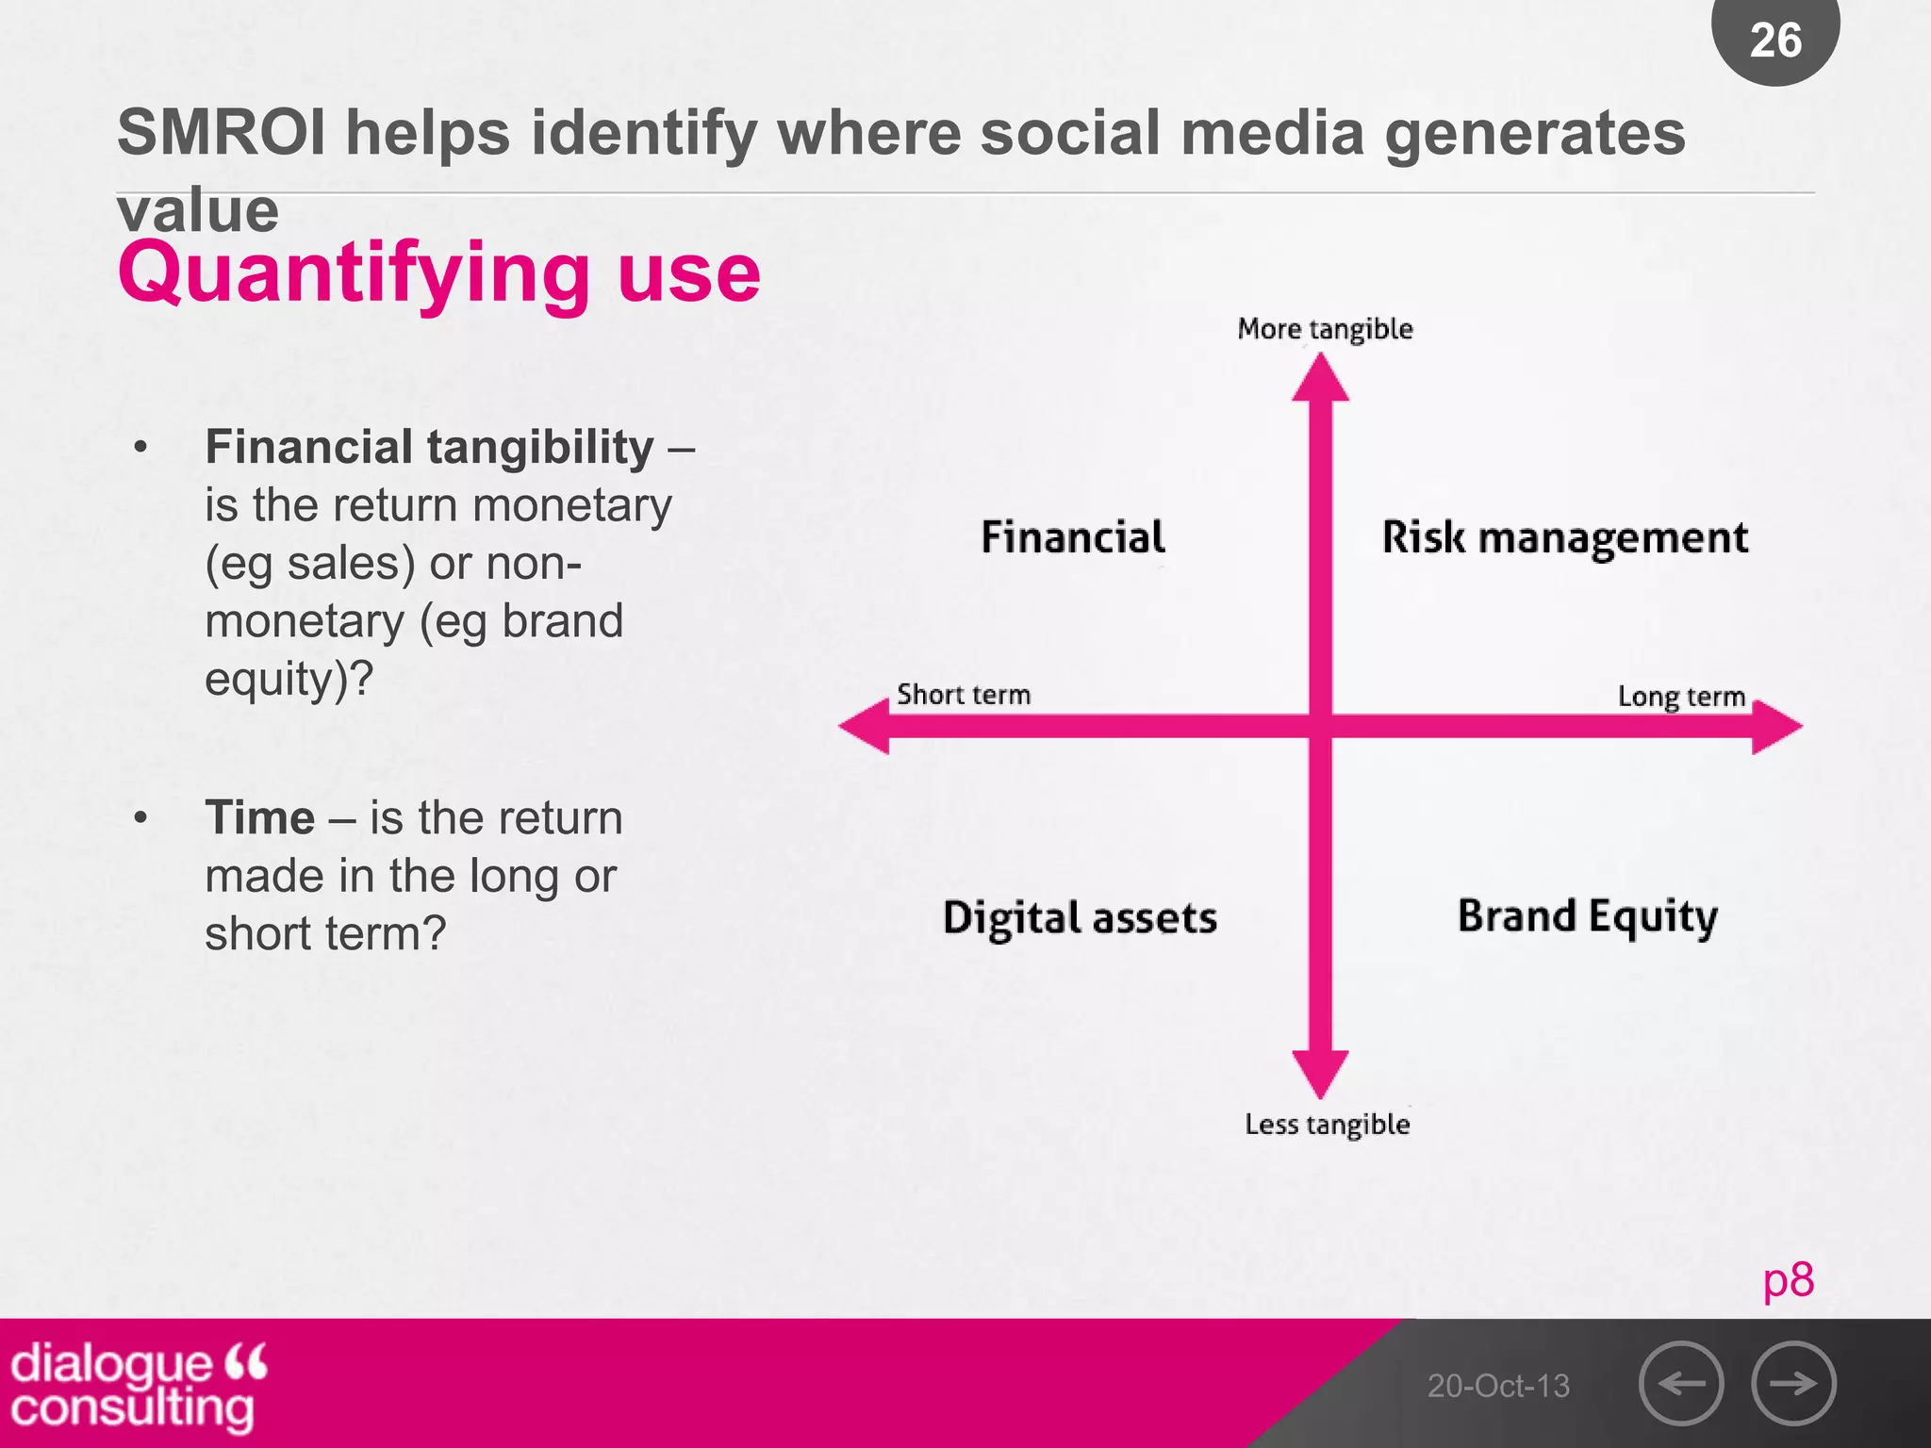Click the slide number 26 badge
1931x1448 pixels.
click(1775, 40)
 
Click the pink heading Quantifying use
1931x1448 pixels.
click(438, 272)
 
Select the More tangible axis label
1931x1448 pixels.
click(1325, 329)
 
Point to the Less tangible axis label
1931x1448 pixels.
click(1327, 1125)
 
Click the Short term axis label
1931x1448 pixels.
click(964, 695)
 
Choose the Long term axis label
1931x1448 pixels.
click(1681, 697)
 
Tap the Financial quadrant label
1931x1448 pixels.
click(1073, 537)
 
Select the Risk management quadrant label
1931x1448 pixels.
click(1564, 538)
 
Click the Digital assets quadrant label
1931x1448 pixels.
click(1080, 918)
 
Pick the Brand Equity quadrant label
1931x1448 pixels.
click(1588, 916)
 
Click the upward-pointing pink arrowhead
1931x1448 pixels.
click(1320, 380)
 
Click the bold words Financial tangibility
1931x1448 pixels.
click(429, 447)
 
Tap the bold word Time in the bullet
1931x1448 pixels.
click(259, 817)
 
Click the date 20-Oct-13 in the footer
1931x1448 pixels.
click(1498, 1386)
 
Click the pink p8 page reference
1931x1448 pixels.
click(1788, 1280)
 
